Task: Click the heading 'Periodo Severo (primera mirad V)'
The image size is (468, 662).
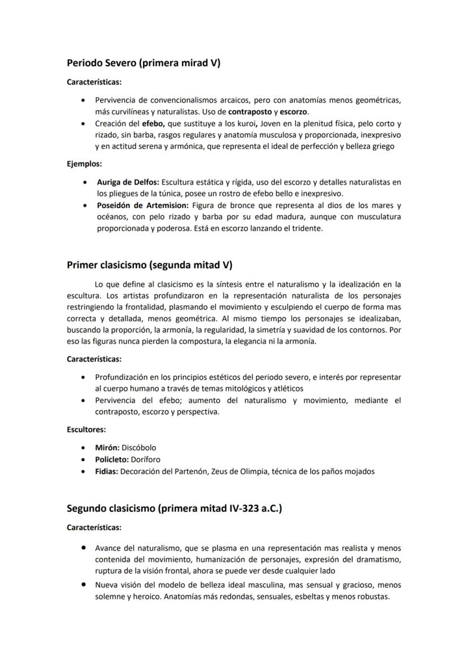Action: pyautogui.click(x=143, y=63)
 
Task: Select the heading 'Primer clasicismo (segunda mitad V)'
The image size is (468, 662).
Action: pyautogui.click(x=149, y=265)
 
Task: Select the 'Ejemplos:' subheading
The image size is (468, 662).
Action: pyautogui.click(x=84, y=164)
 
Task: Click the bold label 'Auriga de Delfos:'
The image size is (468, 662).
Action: pyautogui.click(x=128, y=182)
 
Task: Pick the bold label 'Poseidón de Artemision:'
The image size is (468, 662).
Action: pyautogui.click(x=143, y=205)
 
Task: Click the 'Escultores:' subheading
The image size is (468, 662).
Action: pyautogui.click(x=86, y=429)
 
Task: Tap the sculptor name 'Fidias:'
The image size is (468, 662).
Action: pyautogui.click(x=106, y=471)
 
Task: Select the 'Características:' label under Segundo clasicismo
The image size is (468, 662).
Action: pyautogui.click(x=94, y=527)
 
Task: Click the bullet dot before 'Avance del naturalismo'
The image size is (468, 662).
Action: pyautogui.click(x=84, y=548)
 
